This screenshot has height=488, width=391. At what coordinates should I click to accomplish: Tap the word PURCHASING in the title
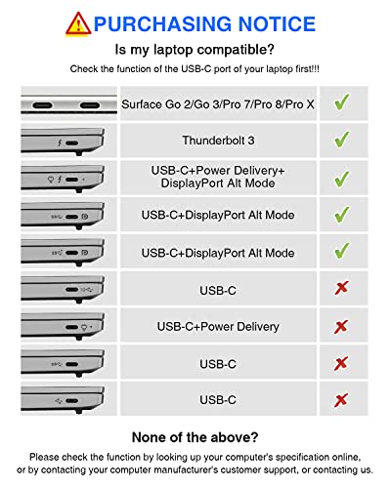165,22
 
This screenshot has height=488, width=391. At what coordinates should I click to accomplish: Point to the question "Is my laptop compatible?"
195,49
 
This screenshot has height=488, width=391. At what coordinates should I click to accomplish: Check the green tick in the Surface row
342,102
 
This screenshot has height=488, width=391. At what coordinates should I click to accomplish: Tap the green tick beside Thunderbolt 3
342,140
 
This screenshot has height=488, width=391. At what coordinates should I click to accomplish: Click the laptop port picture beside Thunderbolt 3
68,140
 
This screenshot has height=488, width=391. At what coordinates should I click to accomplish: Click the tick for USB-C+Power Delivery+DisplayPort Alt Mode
342,178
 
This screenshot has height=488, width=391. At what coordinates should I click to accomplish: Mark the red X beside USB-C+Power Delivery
342,326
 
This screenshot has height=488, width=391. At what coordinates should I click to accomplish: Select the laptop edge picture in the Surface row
68,102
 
